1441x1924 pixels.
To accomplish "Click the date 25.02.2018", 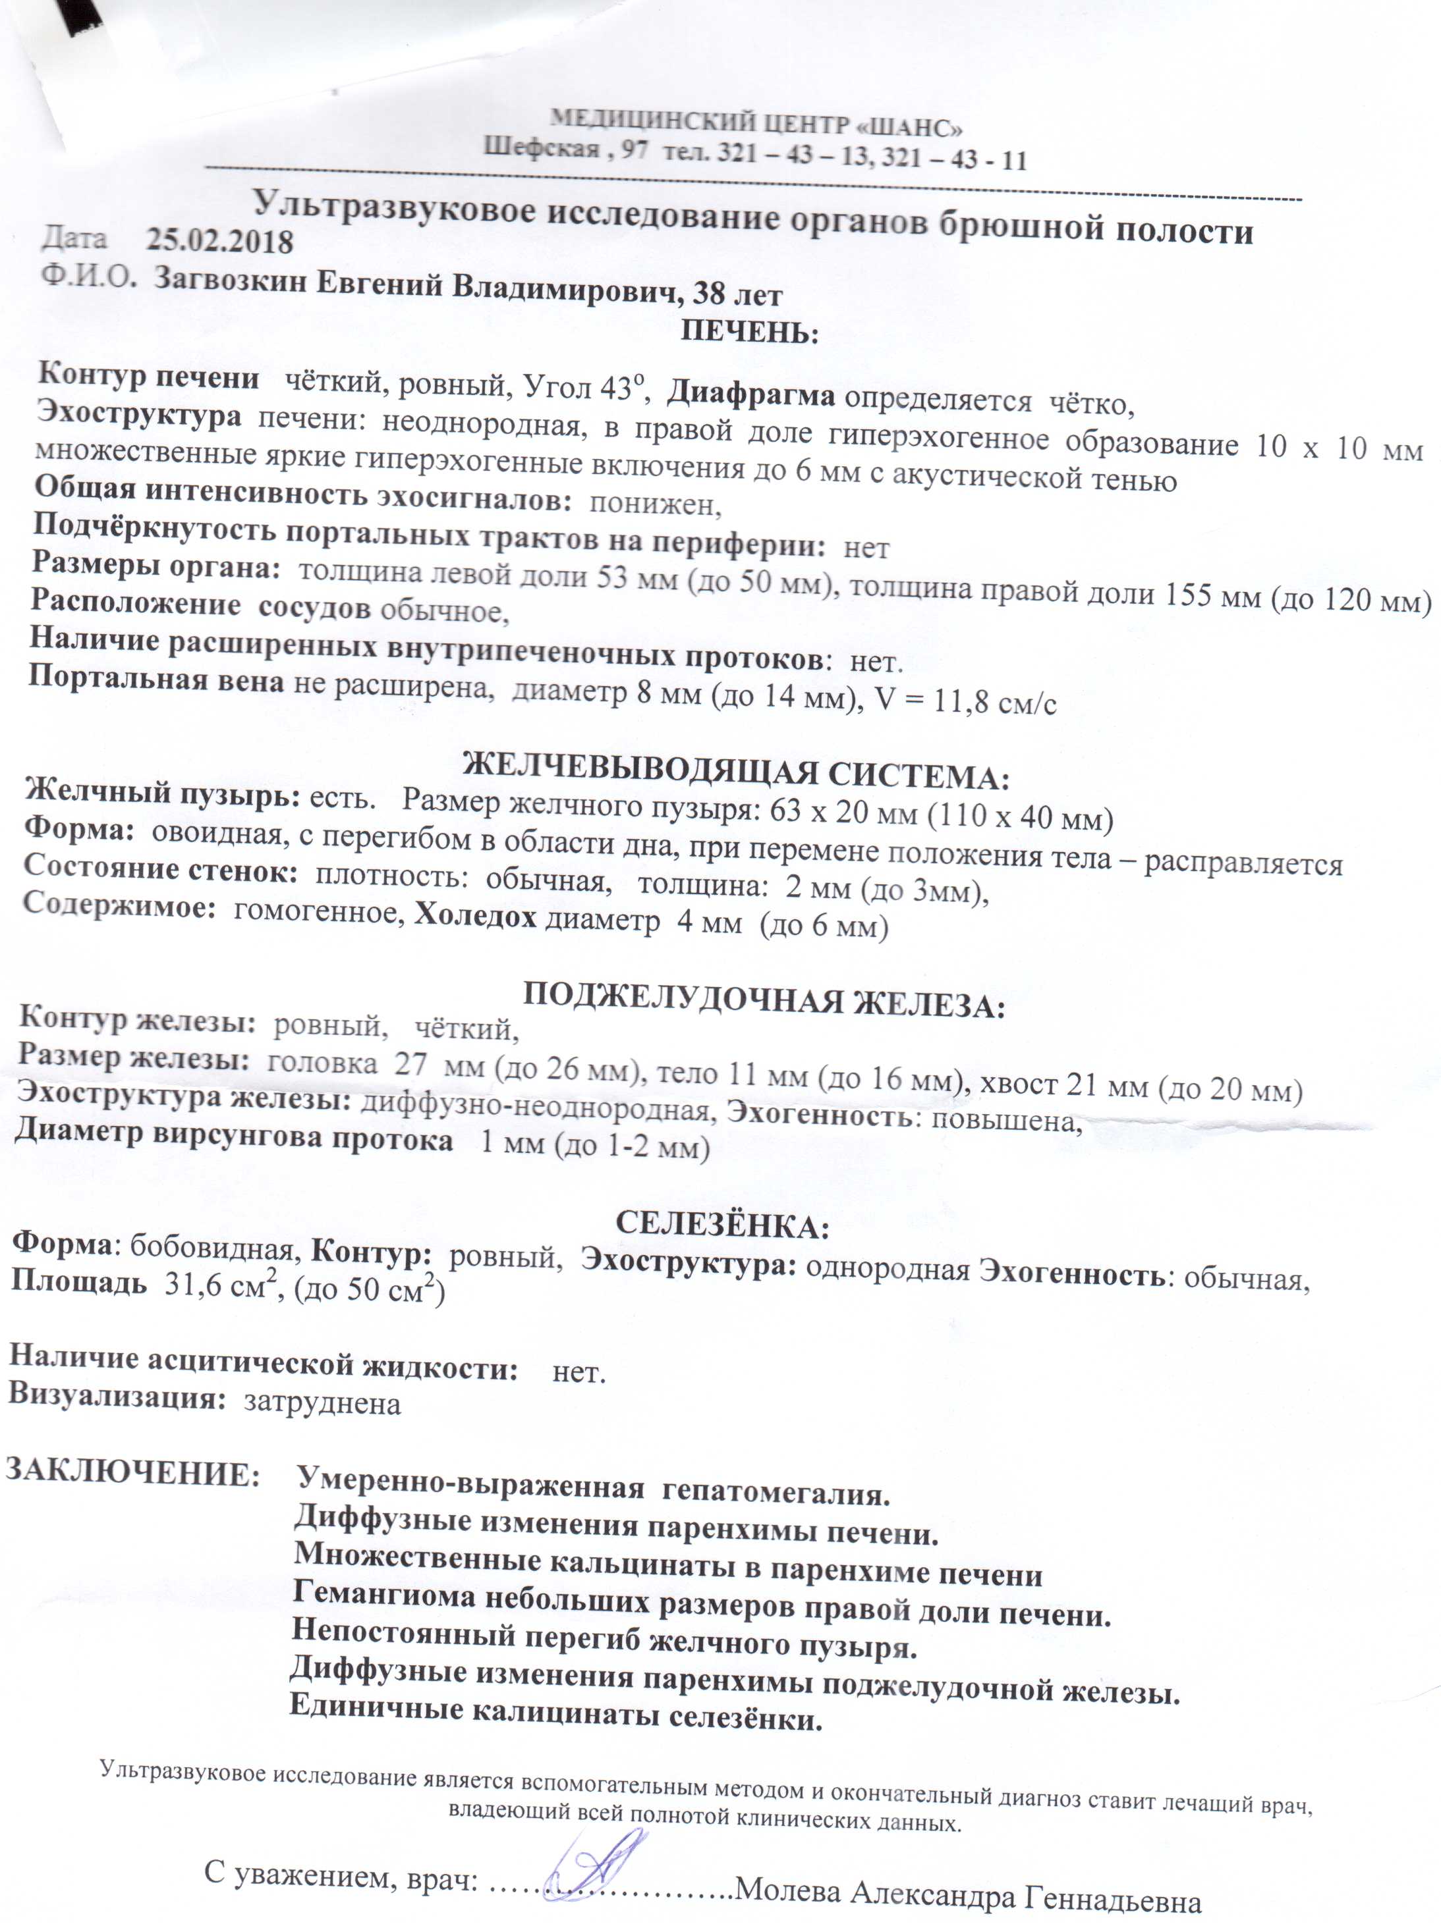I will tap(219, 241).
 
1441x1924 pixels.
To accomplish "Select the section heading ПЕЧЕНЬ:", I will tap(749, 333).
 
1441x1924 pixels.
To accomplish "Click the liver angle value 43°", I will tap(624, 387).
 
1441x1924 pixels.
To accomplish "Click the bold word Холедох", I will tap(475, 916).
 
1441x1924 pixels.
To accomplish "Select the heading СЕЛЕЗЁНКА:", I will tap(722, 1225).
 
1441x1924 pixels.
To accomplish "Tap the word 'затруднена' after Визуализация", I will tap(322, 1404).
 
